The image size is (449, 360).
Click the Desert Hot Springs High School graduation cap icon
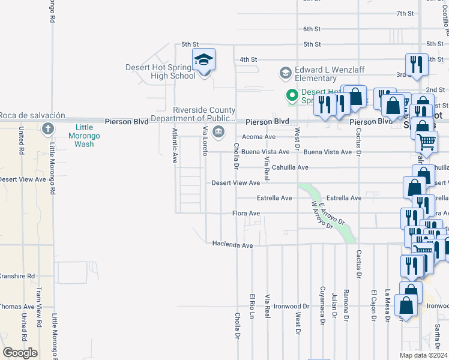[203, 59]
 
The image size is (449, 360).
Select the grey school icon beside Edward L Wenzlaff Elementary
[285, 73]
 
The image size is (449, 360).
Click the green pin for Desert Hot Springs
[292, 95]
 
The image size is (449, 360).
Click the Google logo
[19, 353]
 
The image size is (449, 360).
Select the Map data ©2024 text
[423, 355]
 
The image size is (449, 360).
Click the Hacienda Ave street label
[232, 244]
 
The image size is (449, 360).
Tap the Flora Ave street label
[246, 213]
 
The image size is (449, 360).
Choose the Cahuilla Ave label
[290, 167]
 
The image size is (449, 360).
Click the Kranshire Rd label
[16, 276]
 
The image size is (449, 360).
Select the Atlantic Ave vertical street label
[175, 146]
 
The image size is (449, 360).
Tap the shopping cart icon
[427, 142]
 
